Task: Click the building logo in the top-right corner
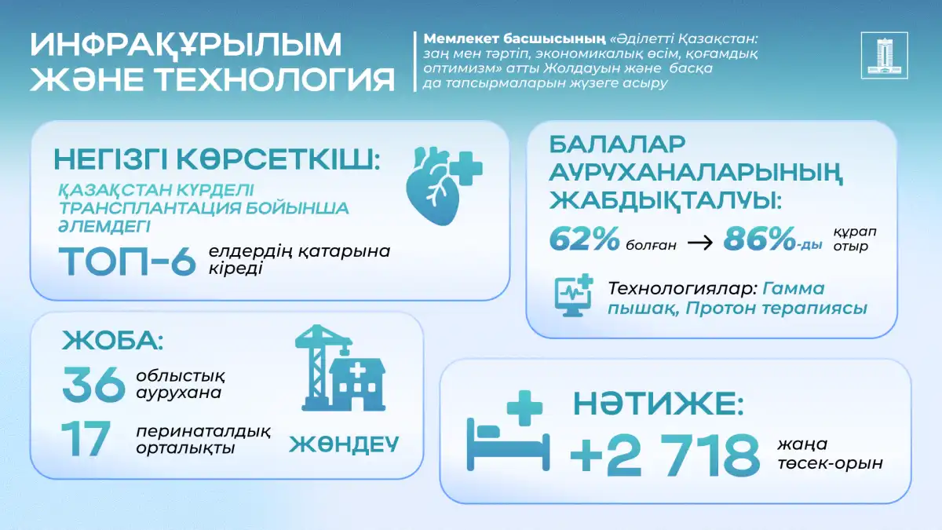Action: pos(884,55)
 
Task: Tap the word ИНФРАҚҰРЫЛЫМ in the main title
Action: pos(186,44)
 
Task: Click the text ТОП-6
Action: pos(127,261)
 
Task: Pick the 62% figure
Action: pos(584,239)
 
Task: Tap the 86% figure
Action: pos(759,239)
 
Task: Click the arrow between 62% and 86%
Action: pos(699,243)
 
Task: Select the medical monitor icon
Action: pos(574,295)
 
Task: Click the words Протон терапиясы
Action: pos(776,309)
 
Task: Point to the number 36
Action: pos(93,384)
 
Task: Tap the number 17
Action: pos(86,439)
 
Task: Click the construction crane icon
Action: pos(323,367)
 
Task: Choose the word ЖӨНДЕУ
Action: pos(344,444)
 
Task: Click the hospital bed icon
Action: pos(508,431)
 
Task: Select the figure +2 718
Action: pos(664,455)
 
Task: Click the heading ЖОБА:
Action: pos(112,340)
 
